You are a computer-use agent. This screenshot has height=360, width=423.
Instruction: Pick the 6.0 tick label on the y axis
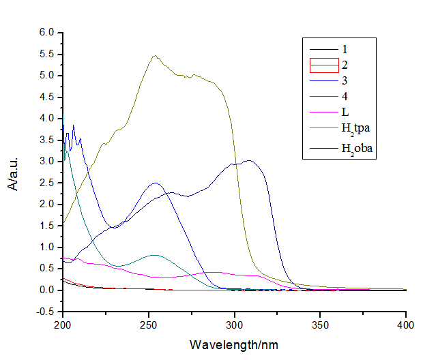(x=46, y=32)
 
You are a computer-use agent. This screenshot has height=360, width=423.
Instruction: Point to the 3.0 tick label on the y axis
(x=46, y=162)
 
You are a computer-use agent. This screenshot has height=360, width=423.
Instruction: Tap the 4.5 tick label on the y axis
(x=46, y=97)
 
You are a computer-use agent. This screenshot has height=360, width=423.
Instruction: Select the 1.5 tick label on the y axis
(x=46, y=226)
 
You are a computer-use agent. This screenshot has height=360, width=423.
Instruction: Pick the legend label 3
(x=345, y=82)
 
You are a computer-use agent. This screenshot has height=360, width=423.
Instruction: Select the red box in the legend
(x=324, y=65)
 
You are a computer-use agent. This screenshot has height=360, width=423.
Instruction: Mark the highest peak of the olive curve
(x=156, y=56)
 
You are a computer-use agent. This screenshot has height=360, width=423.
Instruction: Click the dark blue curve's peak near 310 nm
(x=250, y=160)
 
